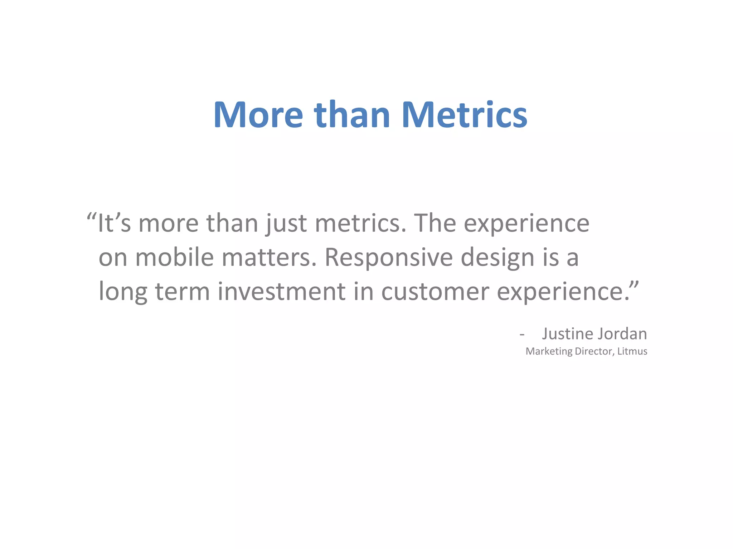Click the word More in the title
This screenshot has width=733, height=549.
[x=258, y=115]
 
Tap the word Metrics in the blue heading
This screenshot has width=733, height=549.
[x=464, y=115]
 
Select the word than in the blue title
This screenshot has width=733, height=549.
[x=352, y=115]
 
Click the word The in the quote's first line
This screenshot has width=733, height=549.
[x=435, y=223]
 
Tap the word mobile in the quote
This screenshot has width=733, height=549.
[x=174, y=257]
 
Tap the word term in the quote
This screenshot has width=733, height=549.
[x=182, y=291]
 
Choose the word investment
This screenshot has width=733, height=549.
[x=281, y=291]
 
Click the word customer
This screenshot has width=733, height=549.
[x=435, y=291]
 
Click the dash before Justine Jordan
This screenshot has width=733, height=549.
[x=522, y=335]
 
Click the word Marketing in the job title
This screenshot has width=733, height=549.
[x=549, y=351]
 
